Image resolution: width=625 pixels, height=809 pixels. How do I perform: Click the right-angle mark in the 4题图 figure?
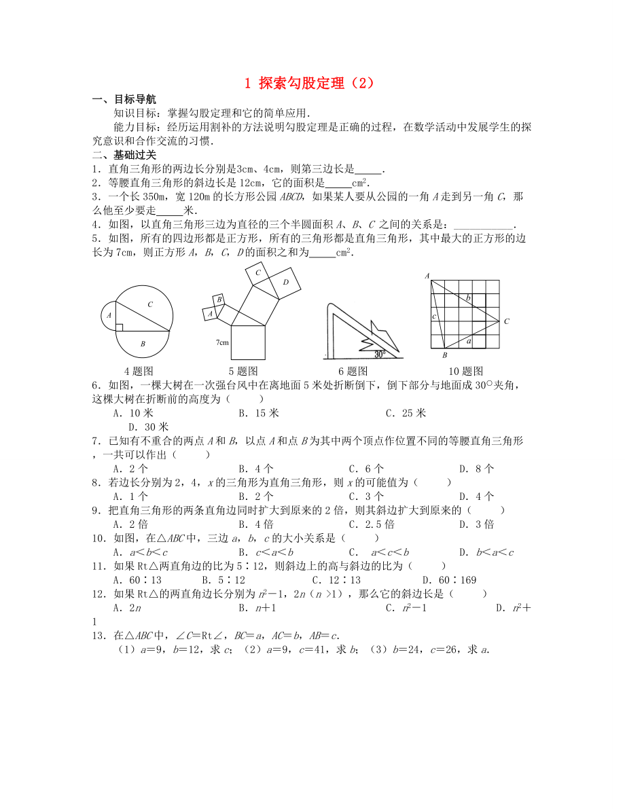[119, 327]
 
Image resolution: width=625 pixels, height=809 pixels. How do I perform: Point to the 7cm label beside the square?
[222, 342]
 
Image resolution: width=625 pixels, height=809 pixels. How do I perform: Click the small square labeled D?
[286, 281]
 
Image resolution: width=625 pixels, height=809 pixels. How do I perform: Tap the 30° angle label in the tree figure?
[380, 354]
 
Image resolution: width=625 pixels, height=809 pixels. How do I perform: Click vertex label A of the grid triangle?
[427, 276]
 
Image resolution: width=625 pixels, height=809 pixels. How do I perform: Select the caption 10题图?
[466, 371]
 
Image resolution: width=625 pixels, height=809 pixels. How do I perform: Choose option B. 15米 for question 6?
[259, 413]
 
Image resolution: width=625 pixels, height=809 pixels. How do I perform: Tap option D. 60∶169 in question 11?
[449, 579]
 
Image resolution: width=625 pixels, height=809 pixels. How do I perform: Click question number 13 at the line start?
[99, 636]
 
